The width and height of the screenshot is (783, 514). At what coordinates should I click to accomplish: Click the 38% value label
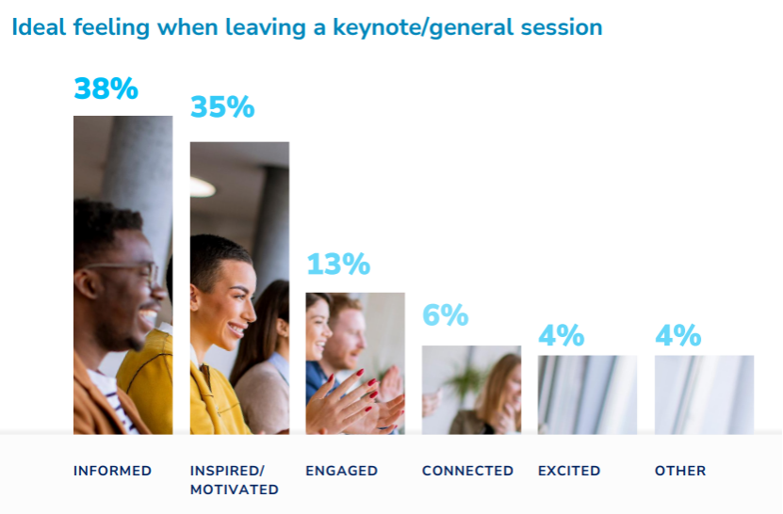pyautogui.click(x=106, y=88)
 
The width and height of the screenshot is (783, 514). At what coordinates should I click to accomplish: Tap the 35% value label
pyautogui.click(x=222, y=106)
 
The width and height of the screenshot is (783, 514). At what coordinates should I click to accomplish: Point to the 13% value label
pyautogui.click(x=338, y=264)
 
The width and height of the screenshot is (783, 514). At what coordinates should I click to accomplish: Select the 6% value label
pyautogui.click(x=445, y=314)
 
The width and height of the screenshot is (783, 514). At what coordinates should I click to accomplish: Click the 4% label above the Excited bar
pyautogui.click(x=562, y=335)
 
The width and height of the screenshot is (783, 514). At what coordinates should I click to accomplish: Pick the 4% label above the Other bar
pyautogui.click(x=678, y=335)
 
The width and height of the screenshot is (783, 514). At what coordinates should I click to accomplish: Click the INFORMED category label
pyautogui.click(x=112, y=471)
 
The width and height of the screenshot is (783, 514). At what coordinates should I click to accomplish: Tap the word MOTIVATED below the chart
pyautogui.click(x=235, y=490)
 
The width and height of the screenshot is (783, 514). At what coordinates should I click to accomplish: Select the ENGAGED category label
pyautogui.click(x=342, y=471)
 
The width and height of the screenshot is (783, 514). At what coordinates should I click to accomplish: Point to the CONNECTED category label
pyautogui.click(x=467, y=471)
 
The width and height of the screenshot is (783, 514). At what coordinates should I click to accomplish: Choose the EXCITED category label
pyautogui.click(x=569, y=471)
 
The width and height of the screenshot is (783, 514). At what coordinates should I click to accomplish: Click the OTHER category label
pyautogui.click(x=680, y=471)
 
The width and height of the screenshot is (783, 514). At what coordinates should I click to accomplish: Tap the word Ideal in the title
pyautogui.click(x=39, y=27)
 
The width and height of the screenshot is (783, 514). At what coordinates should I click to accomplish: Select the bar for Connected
pyautogui.click(x=471, y=390)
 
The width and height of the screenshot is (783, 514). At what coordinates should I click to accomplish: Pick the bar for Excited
pyautogui.click(x=587, y=394)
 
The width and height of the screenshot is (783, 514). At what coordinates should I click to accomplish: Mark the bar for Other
pyautogui.click(x=704, y=394)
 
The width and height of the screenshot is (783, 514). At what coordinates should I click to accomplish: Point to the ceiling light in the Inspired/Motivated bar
pyautogui.click(x=203, y=187)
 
